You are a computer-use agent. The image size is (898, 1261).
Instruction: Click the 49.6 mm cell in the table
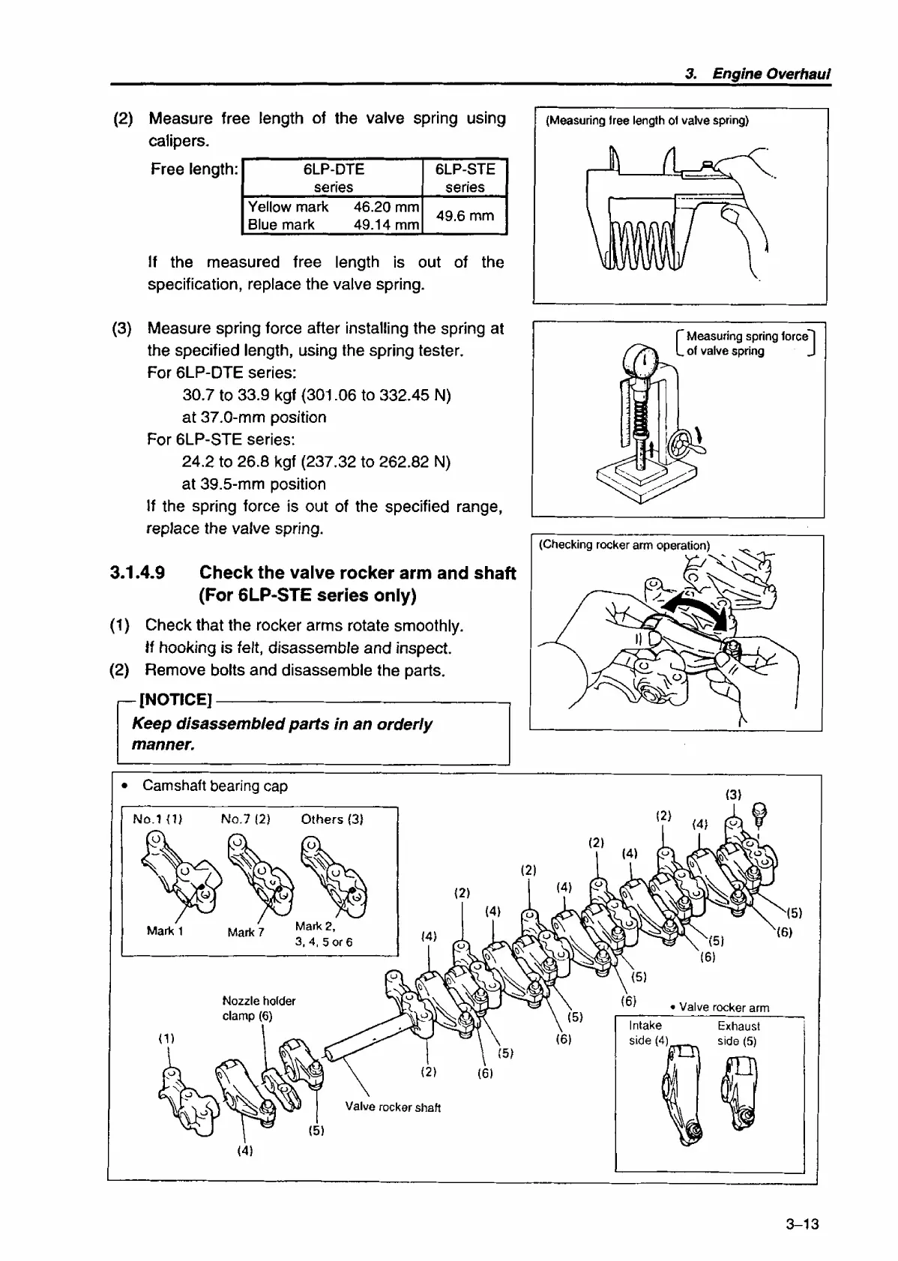tap(465, 216)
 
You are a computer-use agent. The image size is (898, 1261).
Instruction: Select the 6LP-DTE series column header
tap(334, 178)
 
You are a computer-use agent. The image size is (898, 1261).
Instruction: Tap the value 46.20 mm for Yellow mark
tap(385, 207)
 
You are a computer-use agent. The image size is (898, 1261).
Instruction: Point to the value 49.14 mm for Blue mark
tap(385, 225)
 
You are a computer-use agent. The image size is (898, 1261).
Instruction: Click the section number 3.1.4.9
tap(138, 574)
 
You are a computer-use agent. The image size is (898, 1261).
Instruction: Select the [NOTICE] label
tap(176, 700)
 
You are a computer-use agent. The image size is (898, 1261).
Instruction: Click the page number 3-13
tap(802, 1224)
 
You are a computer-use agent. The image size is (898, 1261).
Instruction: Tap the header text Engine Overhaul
tap(771, 73)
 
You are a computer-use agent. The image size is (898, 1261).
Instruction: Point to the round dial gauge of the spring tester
tap(643, 362)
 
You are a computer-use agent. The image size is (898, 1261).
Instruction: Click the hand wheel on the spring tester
tap(684, 446)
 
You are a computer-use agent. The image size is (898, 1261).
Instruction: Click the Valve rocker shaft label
tap(393, 1107)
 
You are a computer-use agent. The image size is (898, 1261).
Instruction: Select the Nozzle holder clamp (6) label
tap(259, 1008)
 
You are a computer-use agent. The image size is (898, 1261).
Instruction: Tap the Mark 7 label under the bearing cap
tap(246, 932)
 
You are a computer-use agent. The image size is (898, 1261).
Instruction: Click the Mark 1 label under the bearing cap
tap(165, 930)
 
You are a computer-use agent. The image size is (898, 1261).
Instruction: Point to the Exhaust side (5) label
tap(738, 1033)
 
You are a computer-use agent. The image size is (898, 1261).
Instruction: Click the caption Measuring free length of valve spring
tap(648, 121)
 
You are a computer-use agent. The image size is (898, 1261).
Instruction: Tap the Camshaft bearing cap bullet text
tap(214, 786)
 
